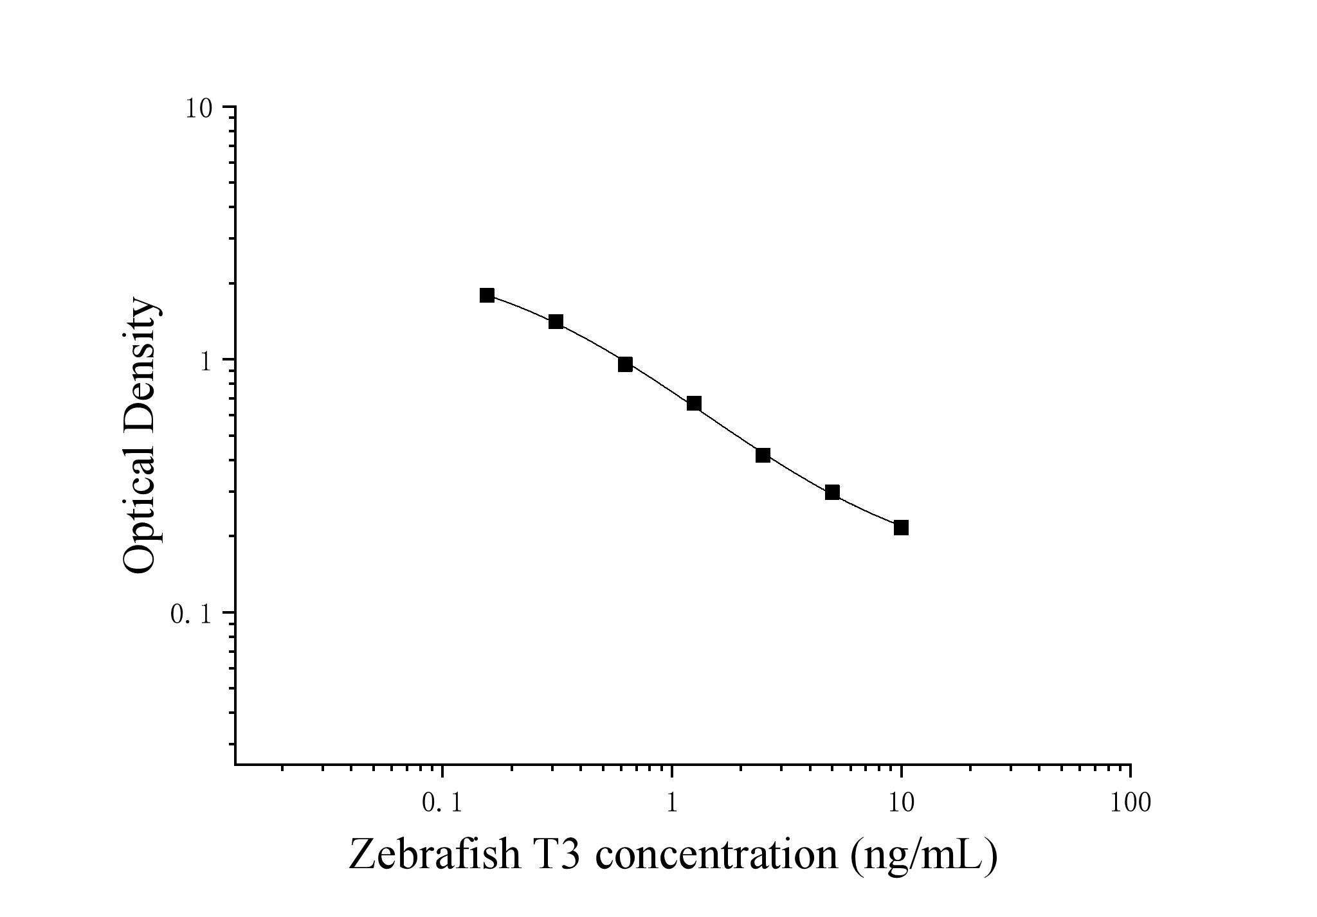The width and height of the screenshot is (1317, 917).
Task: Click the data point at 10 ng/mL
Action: pos(901,528)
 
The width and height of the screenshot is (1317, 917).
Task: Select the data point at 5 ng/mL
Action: pos(832,492)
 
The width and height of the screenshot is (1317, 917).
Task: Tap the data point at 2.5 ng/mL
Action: pos(763,456)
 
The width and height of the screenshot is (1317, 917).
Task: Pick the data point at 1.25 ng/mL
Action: pos(694,404)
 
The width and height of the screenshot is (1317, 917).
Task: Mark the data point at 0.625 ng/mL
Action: pos(625,364)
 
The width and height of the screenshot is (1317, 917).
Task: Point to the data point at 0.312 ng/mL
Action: pos(556,321)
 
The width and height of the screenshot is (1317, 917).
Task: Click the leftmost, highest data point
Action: pos(487,295)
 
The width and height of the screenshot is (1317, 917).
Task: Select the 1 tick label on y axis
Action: pos(205,361)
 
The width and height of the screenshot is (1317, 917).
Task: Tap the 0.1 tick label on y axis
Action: pos(191,614)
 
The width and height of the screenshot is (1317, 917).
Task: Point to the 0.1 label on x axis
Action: pos(442,803)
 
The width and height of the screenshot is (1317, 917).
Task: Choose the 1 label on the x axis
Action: pos(672,803)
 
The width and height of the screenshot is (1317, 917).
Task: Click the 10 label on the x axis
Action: pos(901,803)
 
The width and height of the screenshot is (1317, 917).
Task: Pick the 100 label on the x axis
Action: pos(1130,803)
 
